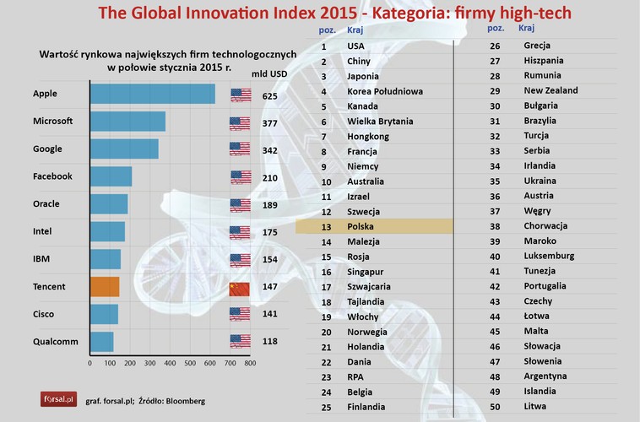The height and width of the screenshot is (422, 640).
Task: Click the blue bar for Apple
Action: coord(152,94)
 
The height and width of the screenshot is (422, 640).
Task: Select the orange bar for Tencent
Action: coord(105,287)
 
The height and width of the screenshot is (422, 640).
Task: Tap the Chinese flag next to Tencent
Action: coord(240,288)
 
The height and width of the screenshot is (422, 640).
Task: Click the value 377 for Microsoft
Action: coord(270,122)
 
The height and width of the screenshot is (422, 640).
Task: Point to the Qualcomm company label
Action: coord(54,342)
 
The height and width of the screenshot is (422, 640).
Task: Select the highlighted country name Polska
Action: coord(361,227)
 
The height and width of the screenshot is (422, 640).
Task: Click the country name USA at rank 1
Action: coord(356,46)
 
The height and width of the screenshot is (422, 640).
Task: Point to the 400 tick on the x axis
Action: coord(170,364)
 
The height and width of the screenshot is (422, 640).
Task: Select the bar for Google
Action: coord(124,149)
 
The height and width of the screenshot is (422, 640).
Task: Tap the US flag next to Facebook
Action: coord(240,177)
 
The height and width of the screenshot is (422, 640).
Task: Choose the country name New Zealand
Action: coord(551,90)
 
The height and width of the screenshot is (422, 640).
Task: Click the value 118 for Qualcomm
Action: coord(270,342)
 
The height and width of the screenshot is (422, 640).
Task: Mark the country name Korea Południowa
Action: coord(385,91)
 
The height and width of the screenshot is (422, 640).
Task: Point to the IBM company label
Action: coord(42,259)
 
